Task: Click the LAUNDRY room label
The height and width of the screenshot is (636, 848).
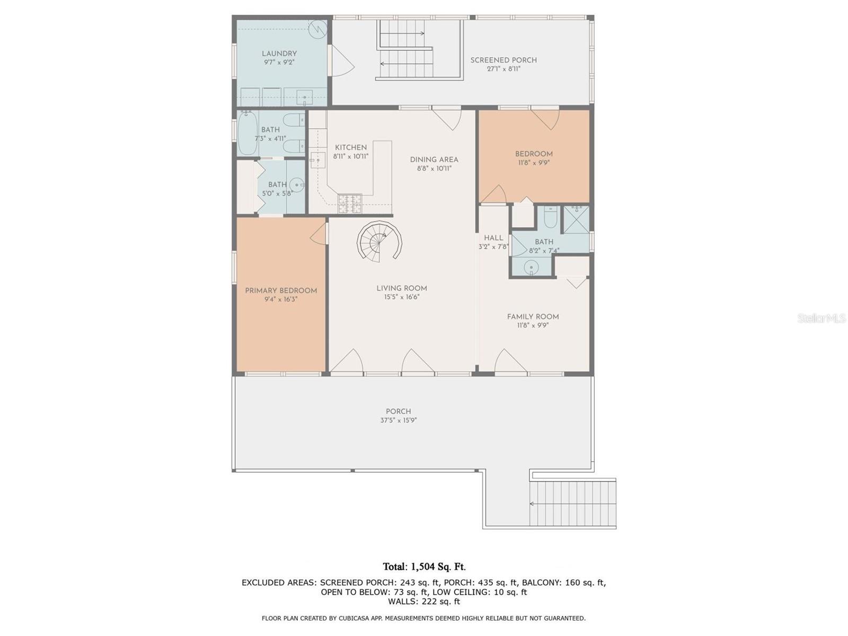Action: pos(279,54)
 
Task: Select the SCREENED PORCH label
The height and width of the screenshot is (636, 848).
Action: pos(503,60)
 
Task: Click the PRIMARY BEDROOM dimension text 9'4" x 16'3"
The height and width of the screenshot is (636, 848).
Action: pos(281,299)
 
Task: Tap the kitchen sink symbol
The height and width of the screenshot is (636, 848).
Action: pos(318,158)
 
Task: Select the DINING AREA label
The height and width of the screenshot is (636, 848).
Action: pos(434,160)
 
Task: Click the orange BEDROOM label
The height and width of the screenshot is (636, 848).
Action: pos(534,154)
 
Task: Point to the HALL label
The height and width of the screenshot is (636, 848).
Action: pos(493,238)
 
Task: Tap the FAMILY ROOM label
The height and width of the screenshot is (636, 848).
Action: pos(533,317)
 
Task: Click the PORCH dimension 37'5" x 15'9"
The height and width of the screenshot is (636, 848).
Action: pos(398,420)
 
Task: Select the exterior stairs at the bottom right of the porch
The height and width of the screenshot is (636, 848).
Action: pos(573,503)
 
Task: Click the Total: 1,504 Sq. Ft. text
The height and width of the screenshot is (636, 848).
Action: pos(424,567)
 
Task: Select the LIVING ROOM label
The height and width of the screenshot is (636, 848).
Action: pos(401,288)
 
